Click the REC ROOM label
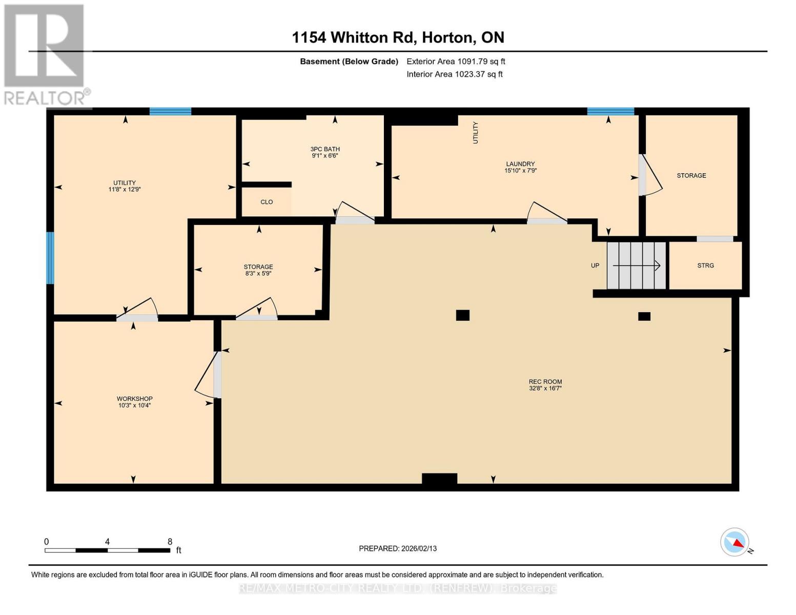[545, 381]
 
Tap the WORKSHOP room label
[134, 399]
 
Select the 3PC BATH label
[325, 149]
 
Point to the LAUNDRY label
[520, 163]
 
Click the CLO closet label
[267, 202]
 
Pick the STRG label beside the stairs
[705, 265]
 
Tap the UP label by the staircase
[595, 265]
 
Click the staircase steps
[636, 265]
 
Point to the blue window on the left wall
[50, 258]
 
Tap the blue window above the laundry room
[610, 111]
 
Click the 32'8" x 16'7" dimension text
[545, 388]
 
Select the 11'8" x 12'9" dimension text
[125, 190]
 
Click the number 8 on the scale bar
[170, 541]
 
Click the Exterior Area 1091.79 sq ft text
[456, 61]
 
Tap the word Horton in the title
[447, 37]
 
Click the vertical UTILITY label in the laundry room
[476, 133]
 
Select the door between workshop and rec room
[217, 375]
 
